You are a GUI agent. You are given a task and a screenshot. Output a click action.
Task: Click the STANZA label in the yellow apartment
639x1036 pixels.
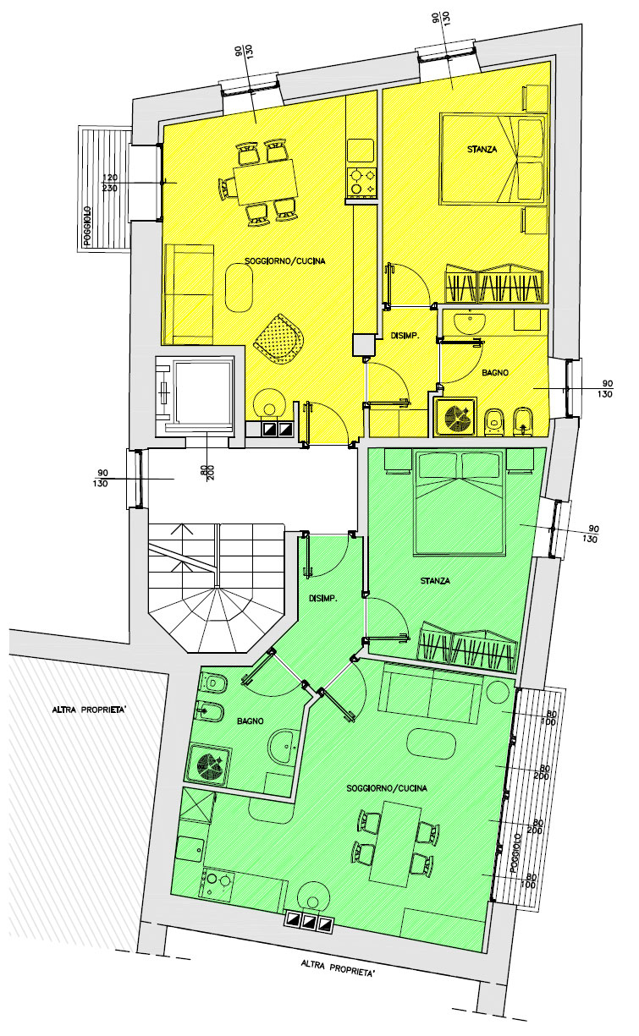[x=482, y=150]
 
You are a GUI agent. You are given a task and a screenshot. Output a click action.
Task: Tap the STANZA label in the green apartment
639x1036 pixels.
[x=435, y=581]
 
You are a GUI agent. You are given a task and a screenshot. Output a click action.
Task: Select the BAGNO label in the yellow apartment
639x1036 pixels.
[x=495, y=372]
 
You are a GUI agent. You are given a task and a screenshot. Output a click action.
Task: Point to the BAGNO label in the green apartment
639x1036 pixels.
[x=251, y=721]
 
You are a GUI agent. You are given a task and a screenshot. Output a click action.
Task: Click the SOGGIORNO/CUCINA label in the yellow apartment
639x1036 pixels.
[x=285, y=261]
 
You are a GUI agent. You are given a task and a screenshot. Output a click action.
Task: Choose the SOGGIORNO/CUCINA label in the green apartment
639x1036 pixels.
[x=387, y=788]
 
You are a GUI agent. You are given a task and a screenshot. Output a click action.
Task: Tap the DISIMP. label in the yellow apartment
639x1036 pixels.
[x=405, y=337]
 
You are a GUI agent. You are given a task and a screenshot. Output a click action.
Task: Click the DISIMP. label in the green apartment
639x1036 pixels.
[x=323, y=599]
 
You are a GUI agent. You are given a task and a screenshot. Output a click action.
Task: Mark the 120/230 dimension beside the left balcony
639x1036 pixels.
[x=110, y=183]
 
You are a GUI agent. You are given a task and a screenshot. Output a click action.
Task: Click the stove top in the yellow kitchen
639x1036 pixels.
[x=362, y=181]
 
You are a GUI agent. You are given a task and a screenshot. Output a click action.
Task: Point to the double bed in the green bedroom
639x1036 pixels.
[x=459, y=502]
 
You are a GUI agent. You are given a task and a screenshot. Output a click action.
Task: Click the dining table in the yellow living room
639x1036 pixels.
[x=265, y=182]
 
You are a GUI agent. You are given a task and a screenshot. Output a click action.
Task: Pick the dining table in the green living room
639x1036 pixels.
[x=395, y=843]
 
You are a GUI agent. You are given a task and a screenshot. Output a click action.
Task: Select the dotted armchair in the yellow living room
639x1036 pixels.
[x=279, y=338]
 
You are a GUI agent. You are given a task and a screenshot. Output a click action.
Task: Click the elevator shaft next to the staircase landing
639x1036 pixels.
[x=195, y=396]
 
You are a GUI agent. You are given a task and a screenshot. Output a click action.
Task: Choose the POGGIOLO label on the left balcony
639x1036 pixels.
[x=87, y=225]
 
